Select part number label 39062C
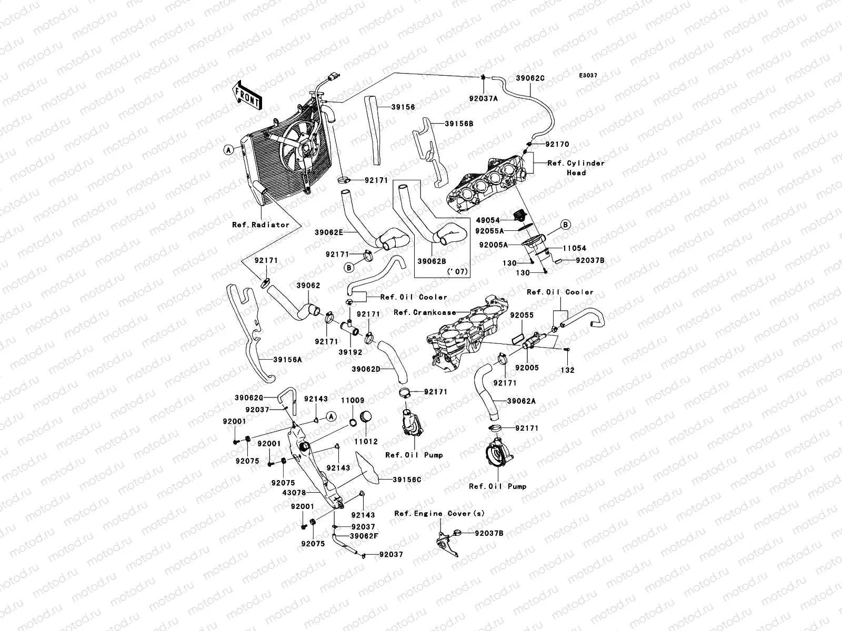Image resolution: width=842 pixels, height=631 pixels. point(530,78)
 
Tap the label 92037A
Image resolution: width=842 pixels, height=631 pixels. point(483,98)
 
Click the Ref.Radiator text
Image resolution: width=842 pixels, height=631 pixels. point(260,225)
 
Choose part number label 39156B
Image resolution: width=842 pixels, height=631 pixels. point(459,124)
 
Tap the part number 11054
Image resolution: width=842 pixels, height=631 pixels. point(574,248)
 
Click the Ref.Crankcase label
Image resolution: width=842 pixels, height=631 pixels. point(425,312)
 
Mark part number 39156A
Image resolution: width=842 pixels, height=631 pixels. point(287,360)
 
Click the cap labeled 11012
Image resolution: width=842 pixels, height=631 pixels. point(365,416)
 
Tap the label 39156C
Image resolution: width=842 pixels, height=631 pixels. point(407,479)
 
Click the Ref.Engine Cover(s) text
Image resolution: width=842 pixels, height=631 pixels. point(439,513)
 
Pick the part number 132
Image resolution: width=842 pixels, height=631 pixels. point(567,370)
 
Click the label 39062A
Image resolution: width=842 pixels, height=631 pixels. point(521,401)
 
